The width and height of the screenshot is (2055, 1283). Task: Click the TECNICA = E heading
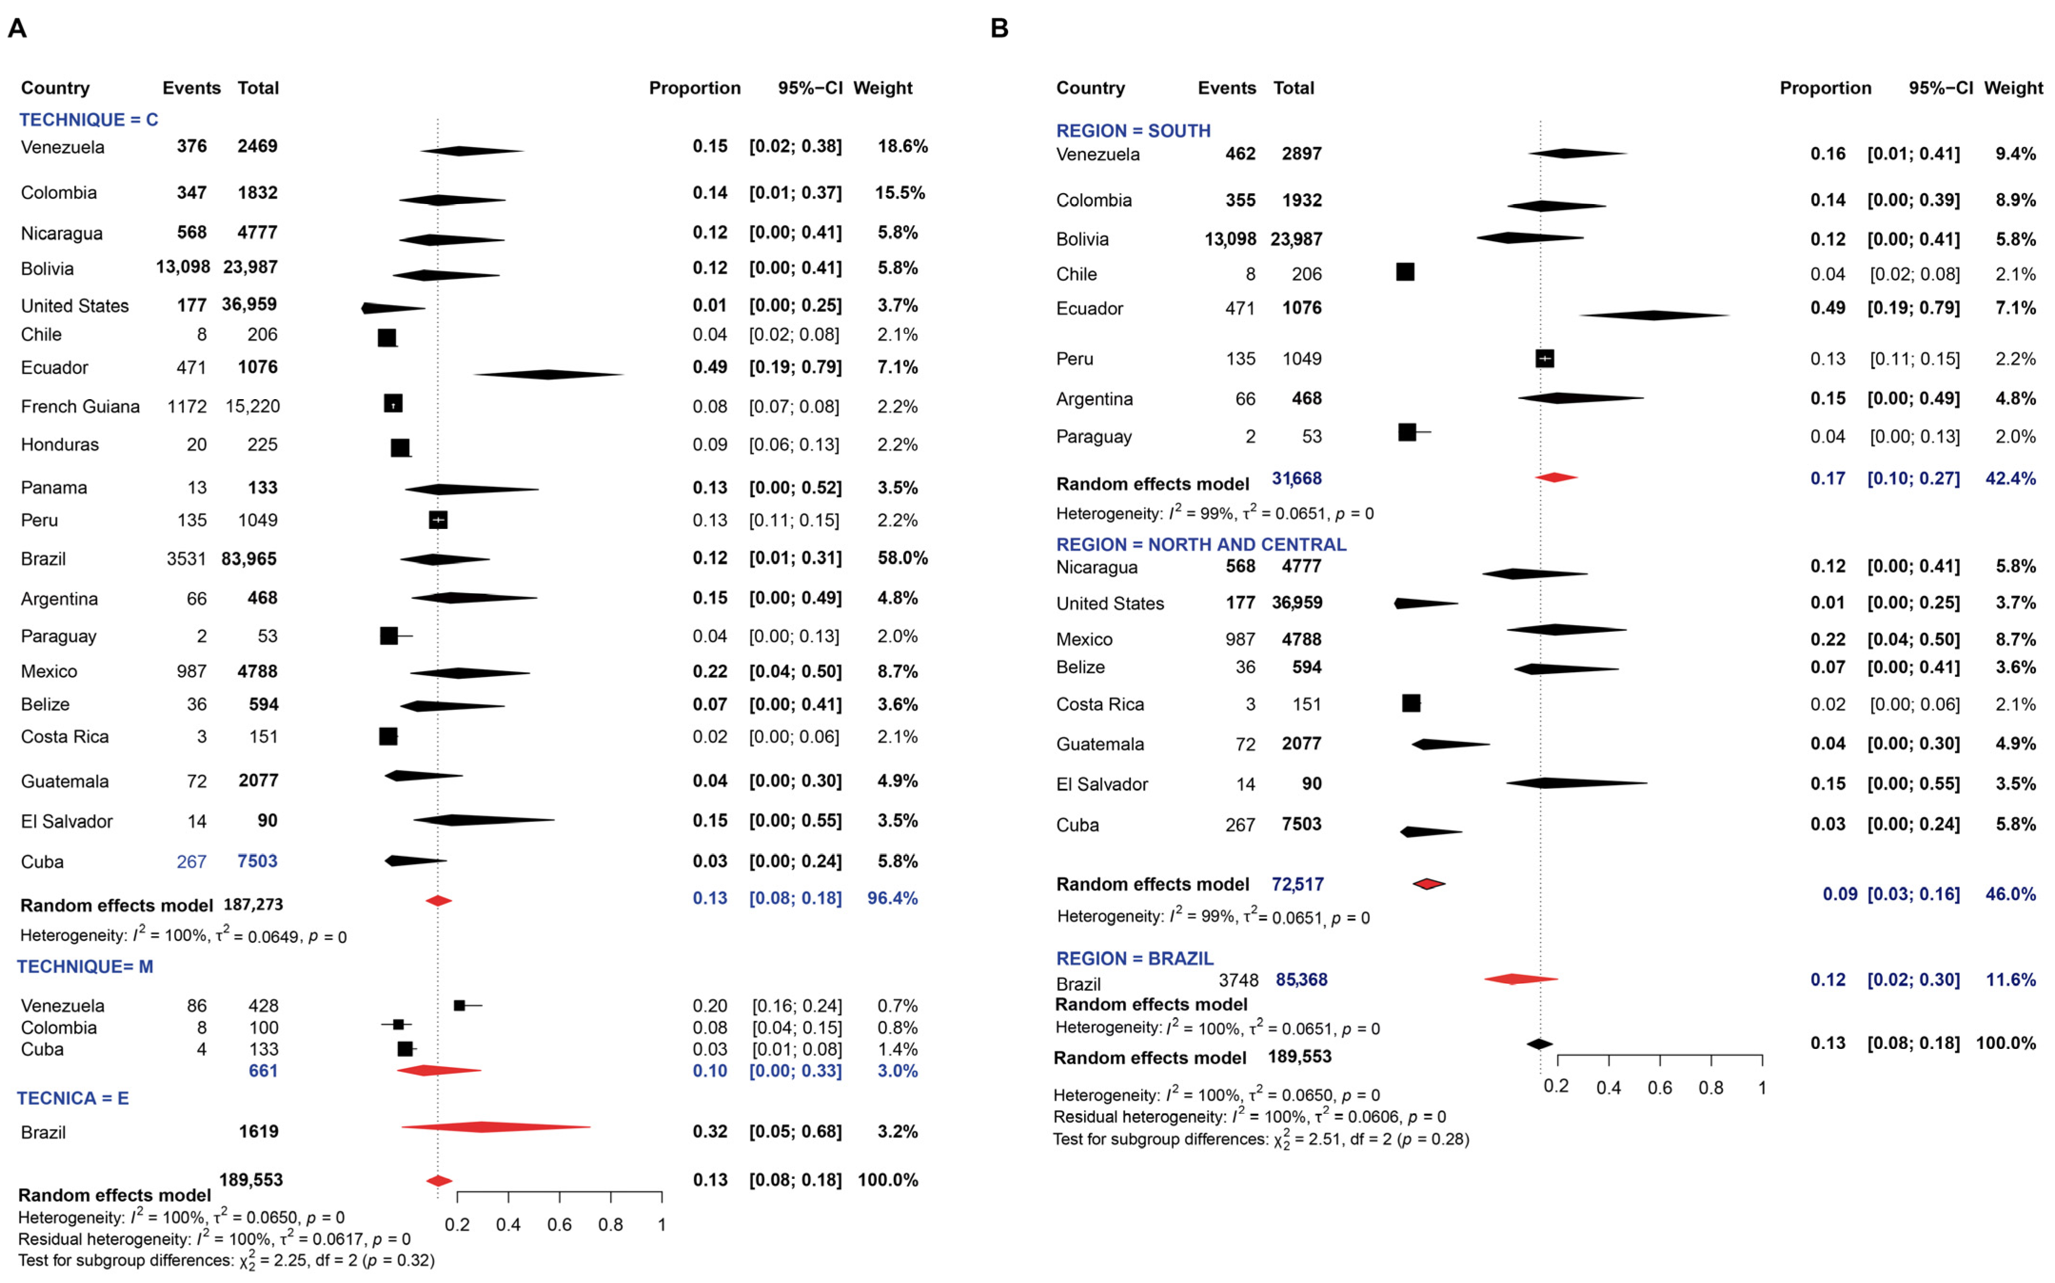tap(73, 1098)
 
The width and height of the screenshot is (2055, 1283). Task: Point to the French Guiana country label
tap(80, 406)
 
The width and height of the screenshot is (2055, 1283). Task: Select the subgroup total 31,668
tap(1296, 479)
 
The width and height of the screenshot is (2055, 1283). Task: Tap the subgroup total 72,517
tap(1297, 884)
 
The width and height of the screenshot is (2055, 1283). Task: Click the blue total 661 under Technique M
tap(263, 1071)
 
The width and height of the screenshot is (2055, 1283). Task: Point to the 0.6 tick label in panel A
tap(559, 1224)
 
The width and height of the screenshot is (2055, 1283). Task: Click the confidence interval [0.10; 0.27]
tap(1913, 479)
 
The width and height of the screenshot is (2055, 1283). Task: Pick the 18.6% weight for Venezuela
tap(902, 146)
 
